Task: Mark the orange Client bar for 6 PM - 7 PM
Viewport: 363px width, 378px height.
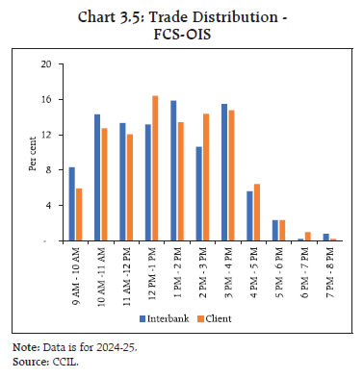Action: tap(307, 236)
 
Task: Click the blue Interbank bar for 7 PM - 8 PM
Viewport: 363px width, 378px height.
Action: tap(325, 237)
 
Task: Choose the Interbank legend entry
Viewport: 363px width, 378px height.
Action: tap(169, 317)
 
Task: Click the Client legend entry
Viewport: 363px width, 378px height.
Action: tap(225, 317)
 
